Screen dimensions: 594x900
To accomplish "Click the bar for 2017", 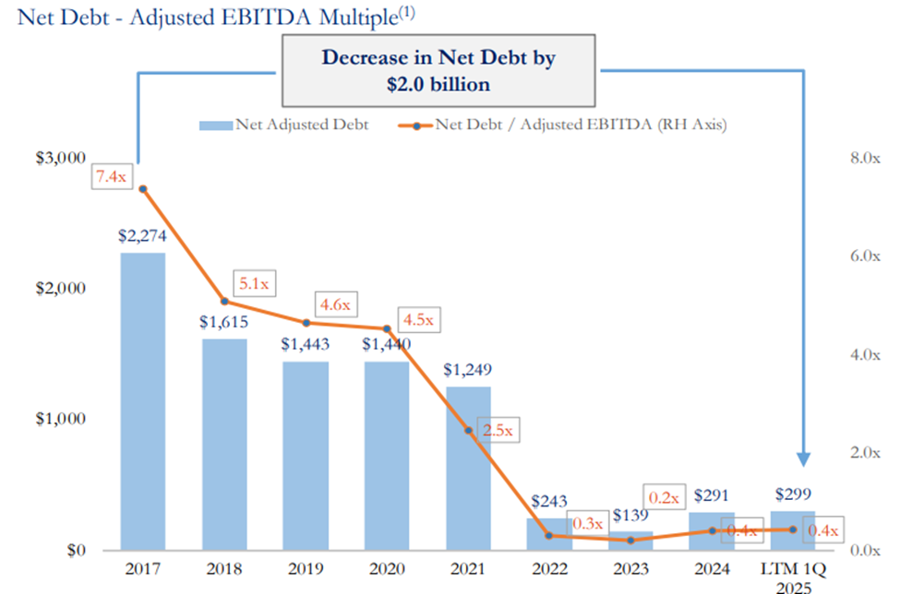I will click(x=142, y=401).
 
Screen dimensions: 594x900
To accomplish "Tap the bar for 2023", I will click(x=631, y=540).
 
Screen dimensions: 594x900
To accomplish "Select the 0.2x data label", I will click(x=662, y=498).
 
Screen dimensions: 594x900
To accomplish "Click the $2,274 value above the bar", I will click(x=142, y=236).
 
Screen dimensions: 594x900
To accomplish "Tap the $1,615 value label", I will click(x=223, y=323).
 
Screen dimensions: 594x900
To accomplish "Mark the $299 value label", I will click(x=793, y=493).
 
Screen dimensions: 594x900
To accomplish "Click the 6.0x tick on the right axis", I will click(x=864, y=256).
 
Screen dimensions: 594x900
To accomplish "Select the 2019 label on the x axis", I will click(x=306, y=569).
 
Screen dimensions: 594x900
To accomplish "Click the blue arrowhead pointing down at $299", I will click(x=804, y=458).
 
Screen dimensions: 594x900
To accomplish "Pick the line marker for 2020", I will click(x=387, y=328).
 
